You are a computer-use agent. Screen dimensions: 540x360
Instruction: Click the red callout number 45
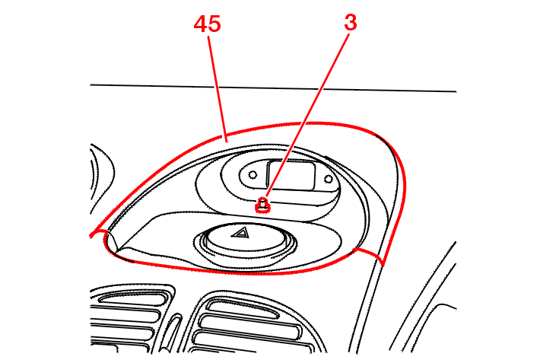(x=207, y=24)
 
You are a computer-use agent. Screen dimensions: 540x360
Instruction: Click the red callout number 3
(x=351, y=23)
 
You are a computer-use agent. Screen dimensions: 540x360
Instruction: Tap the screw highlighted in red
(x=262, y=205)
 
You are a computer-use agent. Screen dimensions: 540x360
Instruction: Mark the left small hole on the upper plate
(x=253, y=174)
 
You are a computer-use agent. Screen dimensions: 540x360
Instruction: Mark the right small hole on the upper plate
(x=329, y=179)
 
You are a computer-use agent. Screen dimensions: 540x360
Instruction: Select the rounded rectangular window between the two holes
(x=291, y=174)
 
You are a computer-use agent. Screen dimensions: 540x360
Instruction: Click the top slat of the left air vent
(x=132, y=298)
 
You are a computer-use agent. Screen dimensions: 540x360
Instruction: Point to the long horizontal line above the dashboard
(x=273, y=88)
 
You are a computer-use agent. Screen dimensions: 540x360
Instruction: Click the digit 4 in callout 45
(x=201, y=24)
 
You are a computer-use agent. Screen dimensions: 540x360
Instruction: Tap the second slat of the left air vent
(x=125, y=313)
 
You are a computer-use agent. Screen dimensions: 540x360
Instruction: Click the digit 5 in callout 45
(x=214, y=24)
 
